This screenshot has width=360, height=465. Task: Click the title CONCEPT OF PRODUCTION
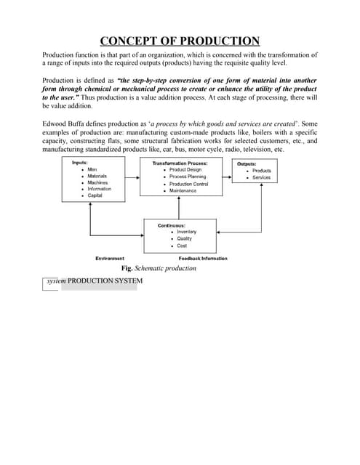(180, 41)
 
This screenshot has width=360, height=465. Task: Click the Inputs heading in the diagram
(81, 163)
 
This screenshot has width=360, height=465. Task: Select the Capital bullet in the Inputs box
(95, 195)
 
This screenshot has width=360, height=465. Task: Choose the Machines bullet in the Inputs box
(97, 182)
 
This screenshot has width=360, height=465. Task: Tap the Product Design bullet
(185, 170)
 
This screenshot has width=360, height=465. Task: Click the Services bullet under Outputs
(261, 177)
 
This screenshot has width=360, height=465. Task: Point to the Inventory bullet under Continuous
(186, 232)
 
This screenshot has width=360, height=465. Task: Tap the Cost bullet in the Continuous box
(182, 246)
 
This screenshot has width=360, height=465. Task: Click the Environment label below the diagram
(110, 259)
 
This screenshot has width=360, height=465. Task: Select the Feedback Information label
(203, 259)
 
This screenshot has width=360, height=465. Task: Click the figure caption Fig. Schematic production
(159, 268)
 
